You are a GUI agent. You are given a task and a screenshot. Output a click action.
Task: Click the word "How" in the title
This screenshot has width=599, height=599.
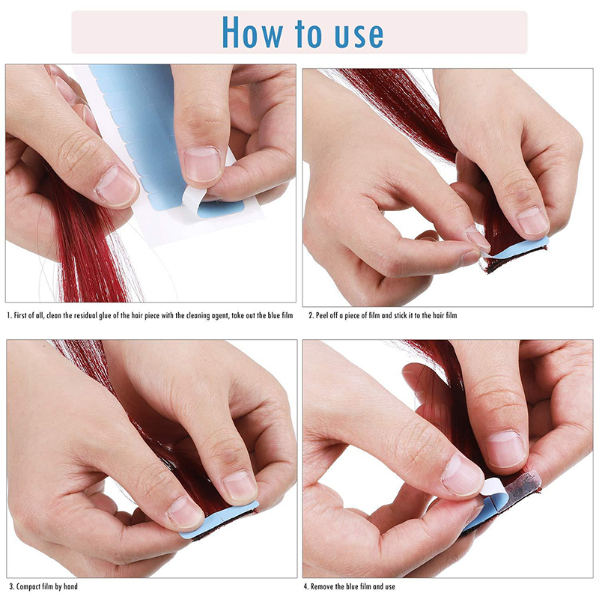pos(252,32)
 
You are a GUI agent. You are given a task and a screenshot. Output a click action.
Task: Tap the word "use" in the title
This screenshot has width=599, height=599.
pos(359,35)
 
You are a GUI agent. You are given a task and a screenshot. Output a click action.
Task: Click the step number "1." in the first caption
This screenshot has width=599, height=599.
pos(10,315)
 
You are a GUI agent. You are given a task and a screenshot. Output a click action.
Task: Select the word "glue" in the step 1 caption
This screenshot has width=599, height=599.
pos(104,315)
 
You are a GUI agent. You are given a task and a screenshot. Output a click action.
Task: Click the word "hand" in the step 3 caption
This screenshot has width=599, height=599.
pos(70,586)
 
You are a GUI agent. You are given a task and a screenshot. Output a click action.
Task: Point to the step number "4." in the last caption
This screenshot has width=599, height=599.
pos(306,586)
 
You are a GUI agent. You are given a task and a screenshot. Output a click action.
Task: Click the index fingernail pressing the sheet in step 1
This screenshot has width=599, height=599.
pos(202,164)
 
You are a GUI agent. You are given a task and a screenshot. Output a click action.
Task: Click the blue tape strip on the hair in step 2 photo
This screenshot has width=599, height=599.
pos(518,249)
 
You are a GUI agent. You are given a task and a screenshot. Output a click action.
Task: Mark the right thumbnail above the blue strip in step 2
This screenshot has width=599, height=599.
pos(532,221)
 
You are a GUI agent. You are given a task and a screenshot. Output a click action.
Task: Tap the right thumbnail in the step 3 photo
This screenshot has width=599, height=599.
pos(240,488)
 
